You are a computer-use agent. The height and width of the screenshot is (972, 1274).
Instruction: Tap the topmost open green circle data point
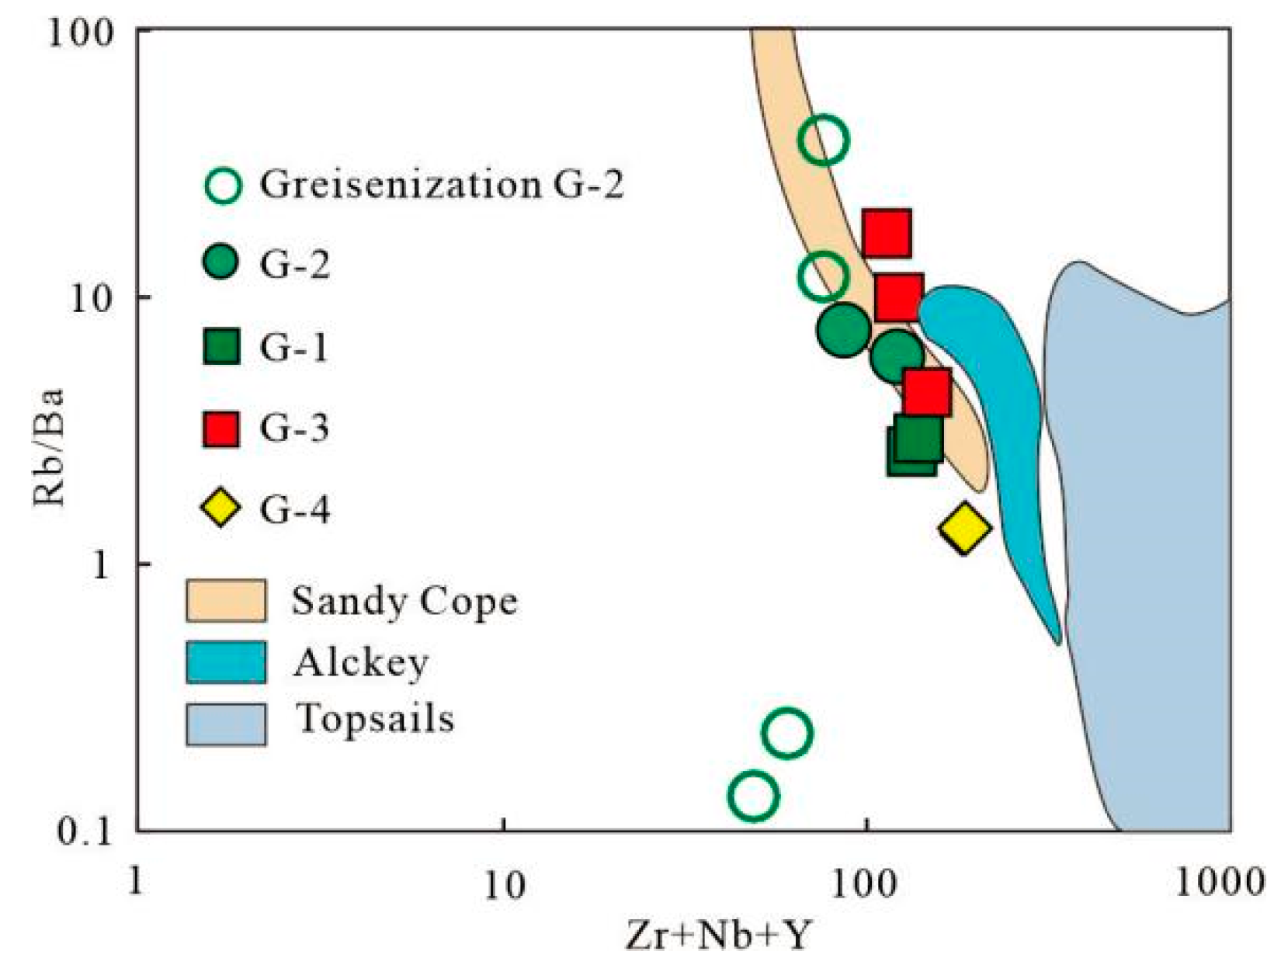[x=823, y=141]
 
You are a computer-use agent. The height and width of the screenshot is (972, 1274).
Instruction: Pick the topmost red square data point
[x=887, y=232]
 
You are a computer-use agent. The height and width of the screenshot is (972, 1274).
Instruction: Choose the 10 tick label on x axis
[x=505, y=883]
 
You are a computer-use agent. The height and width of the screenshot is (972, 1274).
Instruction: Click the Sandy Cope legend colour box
[x=226, y=600]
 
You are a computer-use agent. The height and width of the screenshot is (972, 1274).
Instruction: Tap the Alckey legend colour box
[x=226, y=662]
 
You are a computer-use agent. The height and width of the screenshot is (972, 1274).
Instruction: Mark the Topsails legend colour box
[x=226, y=724]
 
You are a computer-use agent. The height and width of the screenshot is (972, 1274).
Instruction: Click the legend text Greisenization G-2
[x=441, y=185]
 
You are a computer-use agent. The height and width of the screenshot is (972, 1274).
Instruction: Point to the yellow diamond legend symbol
[x=221, y=509]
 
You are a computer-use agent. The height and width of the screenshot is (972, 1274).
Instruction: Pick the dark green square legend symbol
[x=221, y=346]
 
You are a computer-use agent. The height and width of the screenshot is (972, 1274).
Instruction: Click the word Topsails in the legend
[x=376, y=719]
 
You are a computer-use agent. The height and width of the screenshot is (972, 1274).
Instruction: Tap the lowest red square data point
[x=927, y=392]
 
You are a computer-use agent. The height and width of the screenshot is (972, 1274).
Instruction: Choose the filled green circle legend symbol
[x=221, y=263]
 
